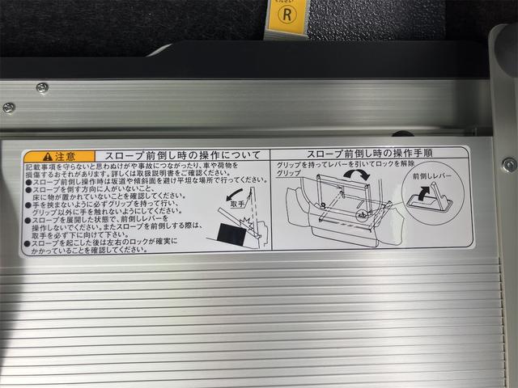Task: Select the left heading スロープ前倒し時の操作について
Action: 178,154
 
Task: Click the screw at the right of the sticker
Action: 508,164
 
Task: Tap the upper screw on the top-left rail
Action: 42,87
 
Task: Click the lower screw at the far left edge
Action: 8,107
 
